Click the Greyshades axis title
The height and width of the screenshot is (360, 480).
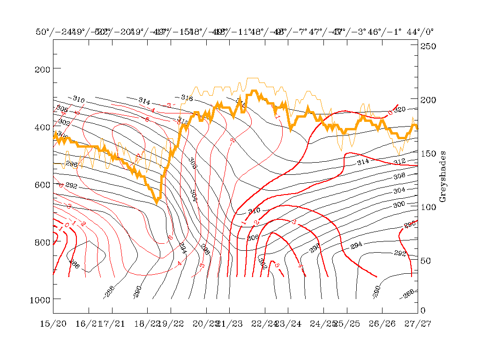(x=442, y=176)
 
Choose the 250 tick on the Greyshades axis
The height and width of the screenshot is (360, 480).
(x=427, y=46)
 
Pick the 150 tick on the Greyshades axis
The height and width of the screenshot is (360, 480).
(x=427, y=153)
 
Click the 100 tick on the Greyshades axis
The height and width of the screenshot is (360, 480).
(x=427, y=207)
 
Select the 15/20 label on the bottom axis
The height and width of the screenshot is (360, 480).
(x=53, y=323)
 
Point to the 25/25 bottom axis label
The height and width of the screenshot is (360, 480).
(x=347, y=323)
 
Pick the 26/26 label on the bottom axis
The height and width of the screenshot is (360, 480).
(x=382, y=323)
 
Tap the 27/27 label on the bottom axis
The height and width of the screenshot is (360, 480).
(x=418, y=323)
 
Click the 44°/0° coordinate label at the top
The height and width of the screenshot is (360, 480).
(x=420, y=32)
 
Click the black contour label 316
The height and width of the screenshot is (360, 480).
(x=187, y=98)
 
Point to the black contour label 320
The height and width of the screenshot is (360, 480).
(x=399, y=110)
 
